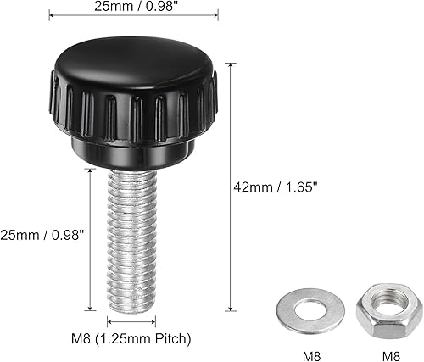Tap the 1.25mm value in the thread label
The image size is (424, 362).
tap(122, 339)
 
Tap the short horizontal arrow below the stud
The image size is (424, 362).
tap(131, 321)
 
